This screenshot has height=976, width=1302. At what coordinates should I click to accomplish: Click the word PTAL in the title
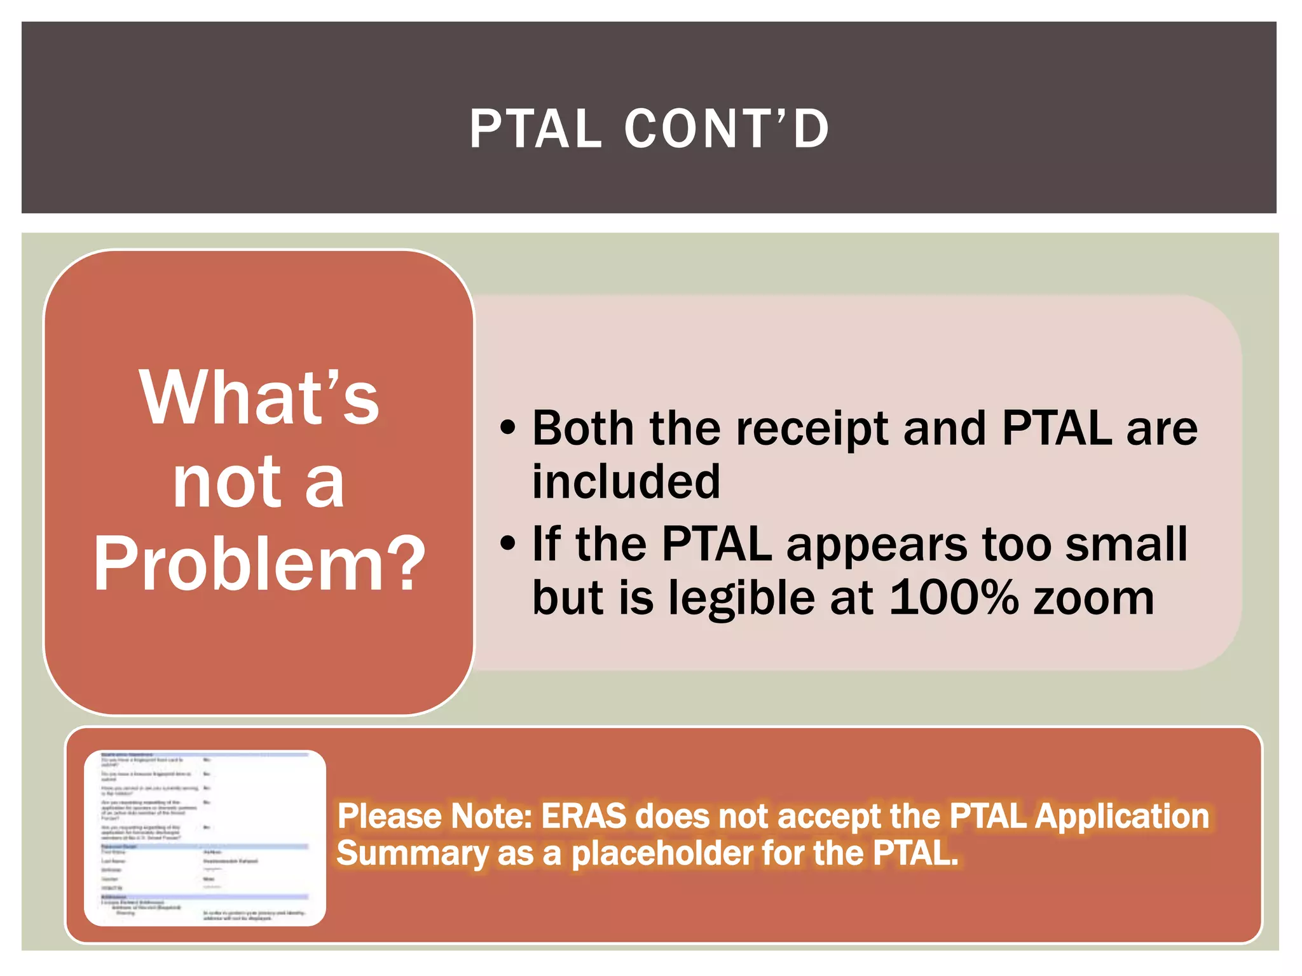coord(536,129)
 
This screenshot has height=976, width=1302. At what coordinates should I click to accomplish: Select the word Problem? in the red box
coord(259,563)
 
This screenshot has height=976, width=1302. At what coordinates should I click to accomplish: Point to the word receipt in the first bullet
coord(812,430)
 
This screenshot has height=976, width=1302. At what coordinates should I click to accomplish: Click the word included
coord(626,482)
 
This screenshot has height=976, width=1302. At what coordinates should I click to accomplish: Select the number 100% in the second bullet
coord(953,598)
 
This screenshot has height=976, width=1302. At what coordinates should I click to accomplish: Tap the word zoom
coord(1093,599)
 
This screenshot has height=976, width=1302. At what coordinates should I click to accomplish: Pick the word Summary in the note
coord(411,853)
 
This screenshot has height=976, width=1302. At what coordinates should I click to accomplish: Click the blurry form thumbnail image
coord(205,837)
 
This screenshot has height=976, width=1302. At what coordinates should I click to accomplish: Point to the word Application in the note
coord(1122,817)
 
